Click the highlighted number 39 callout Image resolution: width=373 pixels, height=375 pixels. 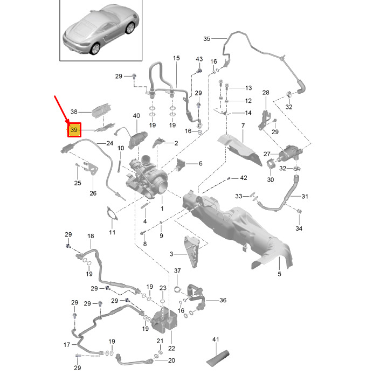pyautogui.click(x=74, y=130)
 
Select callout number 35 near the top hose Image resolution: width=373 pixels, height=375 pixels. pyautogui.click(x=207, y=39)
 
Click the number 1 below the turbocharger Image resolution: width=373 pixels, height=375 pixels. pyautogui.click(x=162, y=209)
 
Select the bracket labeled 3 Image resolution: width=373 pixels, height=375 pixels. pyautogui.click(x=192, y=252)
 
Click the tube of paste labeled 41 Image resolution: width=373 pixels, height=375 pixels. pyautogui.click(x=217, y=358)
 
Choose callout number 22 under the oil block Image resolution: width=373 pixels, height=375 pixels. pyautogui.click(x=171, y=348)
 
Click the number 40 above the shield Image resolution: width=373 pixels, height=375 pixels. pyautogui.click(x=136, y=116)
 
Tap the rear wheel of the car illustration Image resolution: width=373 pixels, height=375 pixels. pyautogui.click(x=95, y=48)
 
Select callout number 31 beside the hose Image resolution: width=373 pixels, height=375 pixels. pyautogui.click(x=305, y=196)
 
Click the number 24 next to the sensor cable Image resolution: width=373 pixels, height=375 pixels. pyautogui.click(x=109, y=143)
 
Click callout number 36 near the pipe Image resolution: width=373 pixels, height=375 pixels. pyautogui.click(x=223, y=300)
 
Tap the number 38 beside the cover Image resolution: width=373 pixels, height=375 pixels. pyautogui.click(x=74, y=112)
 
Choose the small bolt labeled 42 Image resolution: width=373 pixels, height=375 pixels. pyautogui.click(x=229, y=178)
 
